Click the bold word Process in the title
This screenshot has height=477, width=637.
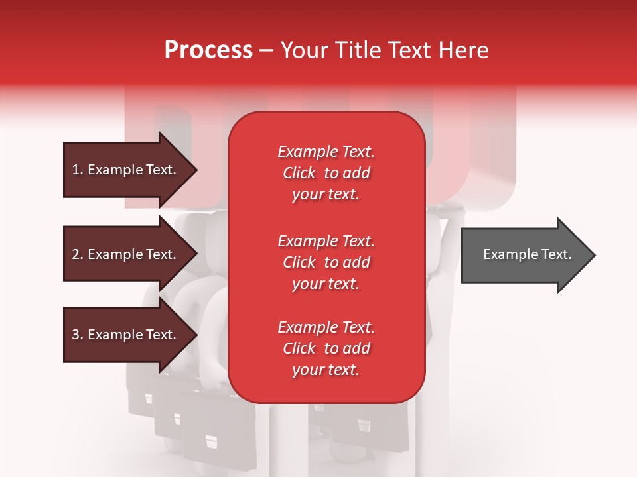pyautogui.click(x=208, y=50)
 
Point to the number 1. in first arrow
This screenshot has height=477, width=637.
pyautogui.click(x=78, y=170)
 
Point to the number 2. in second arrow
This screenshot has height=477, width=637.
pyautogui.click(x=78, y=254)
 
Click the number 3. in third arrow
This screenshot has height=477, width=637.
pyautogui.click(x=78, y=335)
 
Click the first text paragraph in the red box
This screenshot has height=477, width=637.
pyautogui.click(x=326, y=173)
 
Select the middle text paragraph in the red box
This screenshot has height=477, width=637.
pyautogui.click(x=326, y=262)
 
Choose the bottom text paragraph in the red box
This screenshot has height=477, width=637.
pyautogui.click(x=326, y=348)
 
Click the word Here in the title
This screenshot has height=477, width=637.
pyautogui.click(x=464, y=50)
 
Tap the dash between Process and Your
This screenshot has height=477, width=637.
pyautogui.click(x=267, y=50)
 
